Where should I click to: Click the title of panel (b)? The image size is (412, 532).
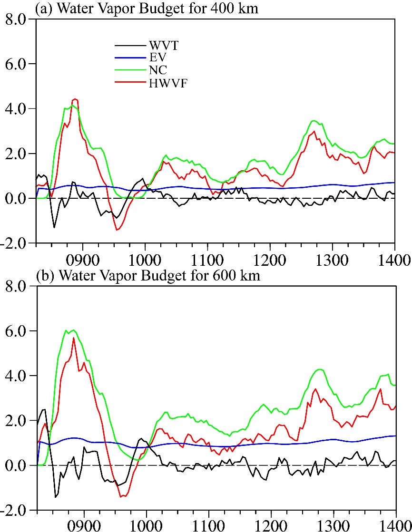tap(148, 276)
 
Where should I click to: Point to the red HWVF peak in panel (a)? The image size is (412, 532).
tap(75, 99)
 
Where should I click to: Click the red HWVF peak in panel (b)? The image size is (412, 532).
tap(74, 338)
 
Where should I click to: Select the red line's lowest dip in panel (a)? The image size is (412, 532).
tap(117, 230)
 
